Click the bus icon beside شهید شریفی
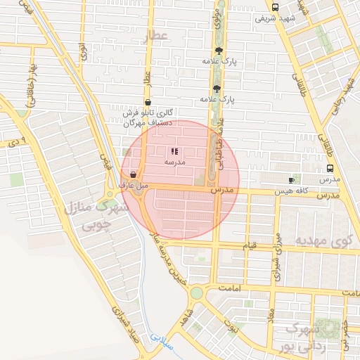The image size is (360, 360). coord(275,8)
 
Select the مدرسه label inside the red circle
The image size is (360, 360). coord(174,162)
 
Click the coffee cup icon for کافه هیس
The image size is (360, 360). coord(292,180)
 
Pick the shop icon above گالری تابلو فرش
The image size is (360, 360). coord(147,102)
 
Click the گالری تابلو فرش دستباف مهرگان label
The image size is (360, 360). coord(148,117)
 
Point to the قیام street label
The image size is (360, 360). coord(250,245)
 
